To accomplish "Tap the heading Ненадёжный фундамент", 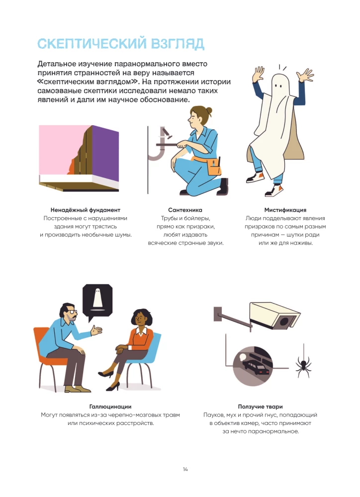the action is tap(86, 210).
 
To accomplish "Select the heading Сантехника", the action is tap(185, 210).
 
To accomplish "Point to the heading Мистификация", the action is tap(285, 210).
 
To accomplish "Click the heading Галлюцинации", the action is tap(110, 407).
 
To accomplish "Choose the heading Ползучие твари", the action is tap(260, 407).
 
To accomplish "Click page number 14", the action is tap(185, 470).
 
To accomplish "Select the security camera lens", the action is tap(284, 322).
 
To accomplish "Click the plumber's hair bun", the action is tap(208, 111).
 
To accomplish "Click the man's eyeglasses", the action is tap(73, 312).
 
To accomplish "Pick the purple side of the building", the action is tap(105, 153).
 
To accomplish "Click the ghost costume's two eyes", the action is tap(278, 86).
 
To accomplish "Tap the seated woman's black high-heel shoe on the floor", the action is tap(112, 387).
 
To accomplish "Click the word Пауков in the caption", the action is tap(214, 415).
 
